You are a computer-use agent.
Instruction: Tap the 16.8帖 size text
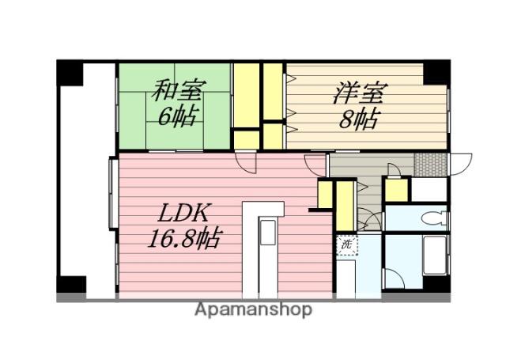[x=183, y=237]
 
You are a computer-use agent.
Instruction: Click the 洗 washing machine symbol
[x=346, y=245]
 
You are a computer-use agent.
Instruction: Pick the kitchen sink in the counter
[x=267, y=235]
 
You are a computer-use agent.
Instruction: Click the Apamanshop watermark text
[x=253, y=309]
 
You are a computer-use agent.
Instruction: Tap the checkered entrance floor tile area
[x=431, y=165]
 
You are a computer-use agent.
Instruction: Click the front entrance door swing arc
[x=461, y=163]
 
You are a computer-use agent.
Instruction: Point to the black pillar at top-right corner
[x=436, y=72]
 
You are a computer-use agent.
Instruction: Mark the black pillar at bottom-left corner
[x=71, y=284]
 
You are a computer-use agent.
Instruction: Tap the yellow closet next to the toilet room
[x=396, y=191]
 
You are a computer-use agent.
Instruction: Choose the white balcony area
[x=87, y=182]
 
